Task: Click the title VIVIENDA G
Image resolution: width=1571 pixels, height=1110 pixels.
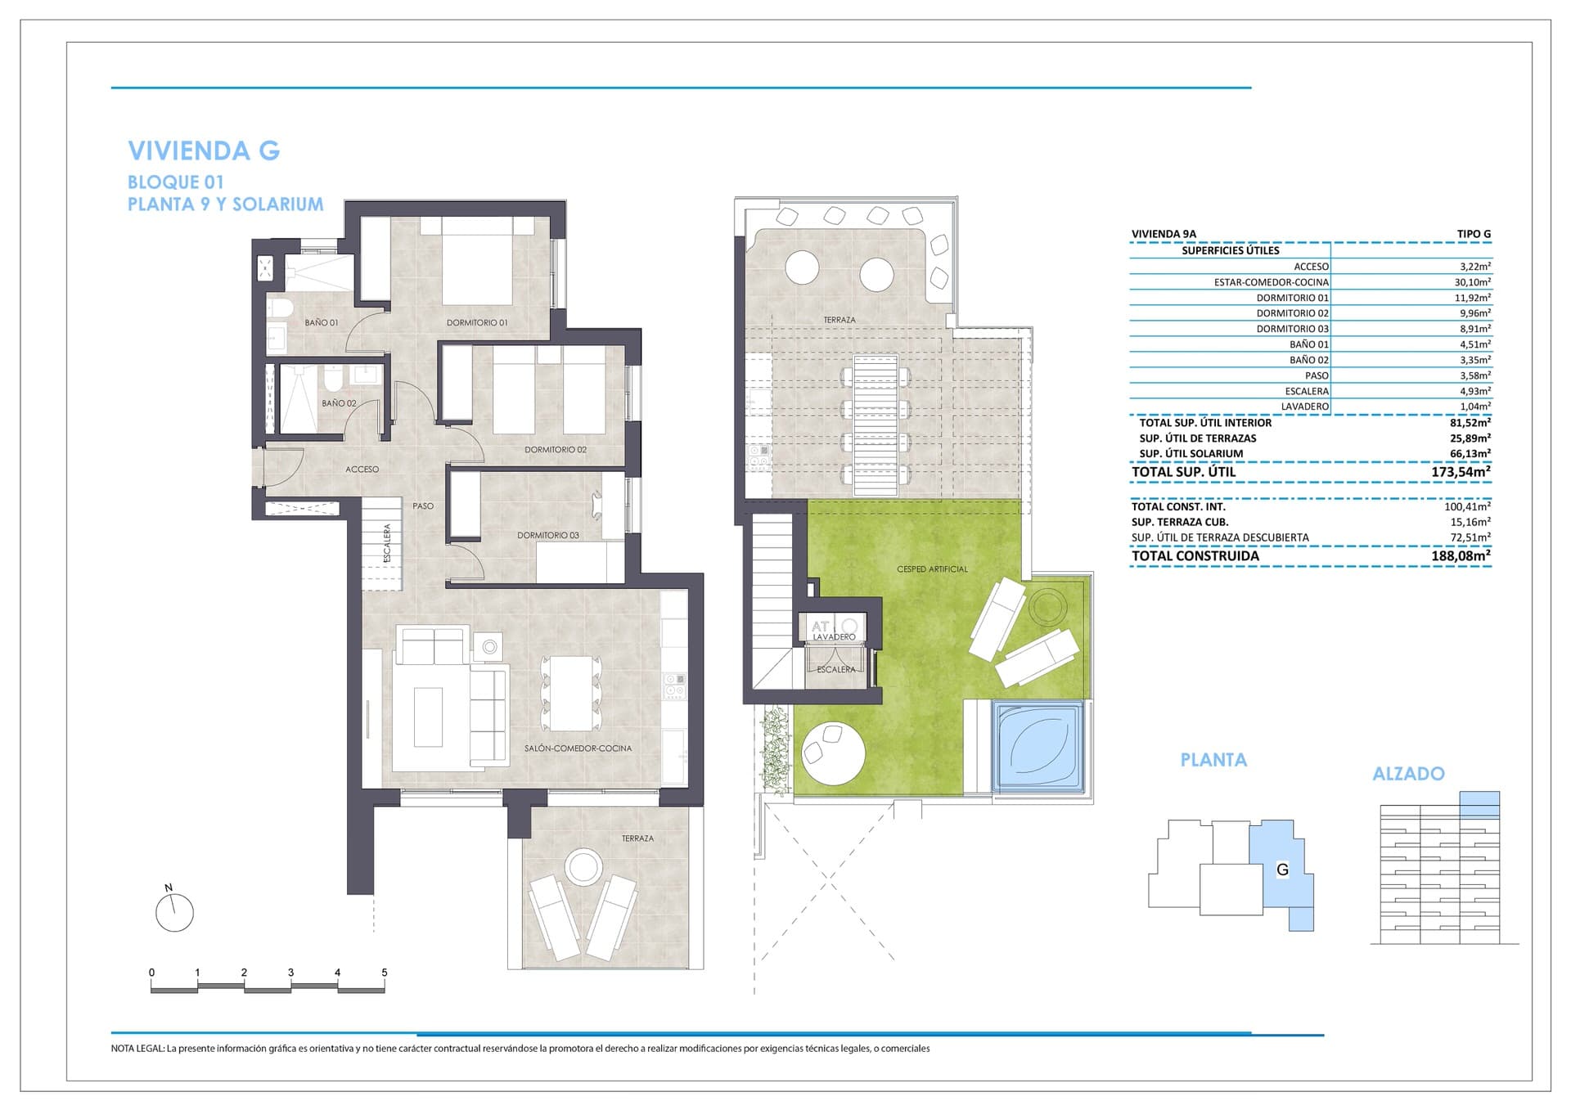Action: click(x=204, y=151)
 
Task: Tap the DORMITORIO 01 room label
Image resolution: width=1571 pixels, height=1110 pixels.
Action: click(x=476, y=323)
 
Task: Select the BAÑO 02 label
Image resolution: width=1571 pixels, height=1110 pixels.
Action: click(x=339, y=403)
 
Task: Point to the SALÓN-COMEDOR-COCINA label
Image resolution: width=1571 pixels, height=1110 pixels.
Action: click(x=578, y=748)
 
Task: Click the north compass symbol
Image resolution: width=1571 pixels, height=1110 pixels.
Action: click(x=174, y=911)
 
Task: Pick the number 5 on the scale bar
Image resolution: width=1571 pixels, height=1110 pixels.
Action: click(x=385, y=973)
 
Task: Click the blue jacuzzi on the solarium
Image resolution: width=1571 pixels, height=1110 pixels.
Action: click(x=1038, y=746)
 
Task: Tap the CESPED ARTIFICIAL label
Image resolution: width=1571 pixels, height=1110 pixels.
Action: click(x=932, y=569)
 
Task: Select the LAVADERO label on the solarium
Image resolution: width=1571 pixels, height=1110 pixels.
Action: click(x=834, y=637)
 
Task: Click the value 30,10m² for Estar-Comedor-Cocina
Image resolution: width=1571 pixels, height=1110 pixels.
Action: click(x=1472, y=282)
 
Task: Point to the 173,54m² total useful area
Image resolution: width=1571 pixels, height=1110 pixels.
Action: click(x=1461, y=472)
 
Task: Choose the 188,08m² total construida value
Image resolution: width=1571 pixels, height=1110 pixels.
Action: click(x=1461, y=556)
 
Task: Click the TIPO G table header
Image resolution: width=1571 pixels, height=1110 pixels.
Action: click(x=1474, y=234)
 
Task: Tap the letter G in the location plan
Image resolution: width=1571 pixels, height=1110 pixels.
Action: click(x=1282, y=870)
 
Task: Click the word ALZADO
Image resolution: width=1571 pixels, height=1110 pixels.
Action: click(x=1408, y=774)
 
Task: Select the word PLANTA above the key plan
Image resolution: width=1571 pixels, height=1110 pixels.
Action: click(x=1213, y=760)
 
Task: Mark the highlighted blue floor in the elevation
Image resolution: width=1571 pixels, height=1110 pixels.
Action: click(x=1479, y=804)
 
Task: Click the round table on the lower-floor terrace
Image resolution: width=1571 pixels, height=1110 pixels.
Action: click(x=583, y=866)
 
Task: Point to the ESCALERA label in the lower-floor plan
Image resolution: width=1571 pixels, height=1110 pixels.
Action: click(x=388, y=542)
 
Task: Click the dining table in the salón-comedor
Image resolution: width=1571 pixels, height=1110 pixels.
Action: click(x=571, y=694)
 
